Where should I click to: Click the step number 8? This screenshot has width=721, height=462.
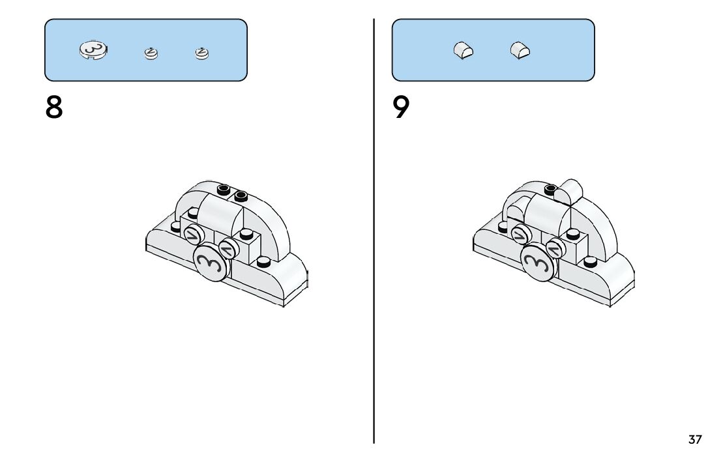point(55,107)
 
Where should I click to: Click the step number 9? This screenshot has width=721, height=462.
point(402,107)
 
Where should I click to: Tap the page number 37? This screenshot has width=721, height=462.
point(695,440)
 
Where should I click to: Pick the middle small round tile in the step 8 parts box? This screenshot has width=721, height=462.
point(151,53)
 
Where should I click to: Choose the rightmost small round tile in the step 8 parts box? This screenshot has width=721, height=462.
point(203,53)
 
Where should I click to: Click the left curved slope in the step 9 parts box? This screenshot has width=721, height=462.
point(463,50)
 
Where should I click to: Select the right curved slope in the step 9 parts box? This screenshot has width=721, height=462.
point(520,50)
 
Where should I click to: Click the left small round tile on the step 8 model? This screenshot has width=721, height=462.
point(193,235)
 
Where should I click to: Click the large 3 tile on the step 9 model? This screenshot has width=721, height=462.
point(538,263)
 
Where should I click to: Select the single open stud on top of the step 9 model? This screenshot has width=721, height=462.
point(552,190)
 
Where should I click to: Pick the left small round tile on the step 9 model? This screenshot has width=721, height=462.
point(520,235)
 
